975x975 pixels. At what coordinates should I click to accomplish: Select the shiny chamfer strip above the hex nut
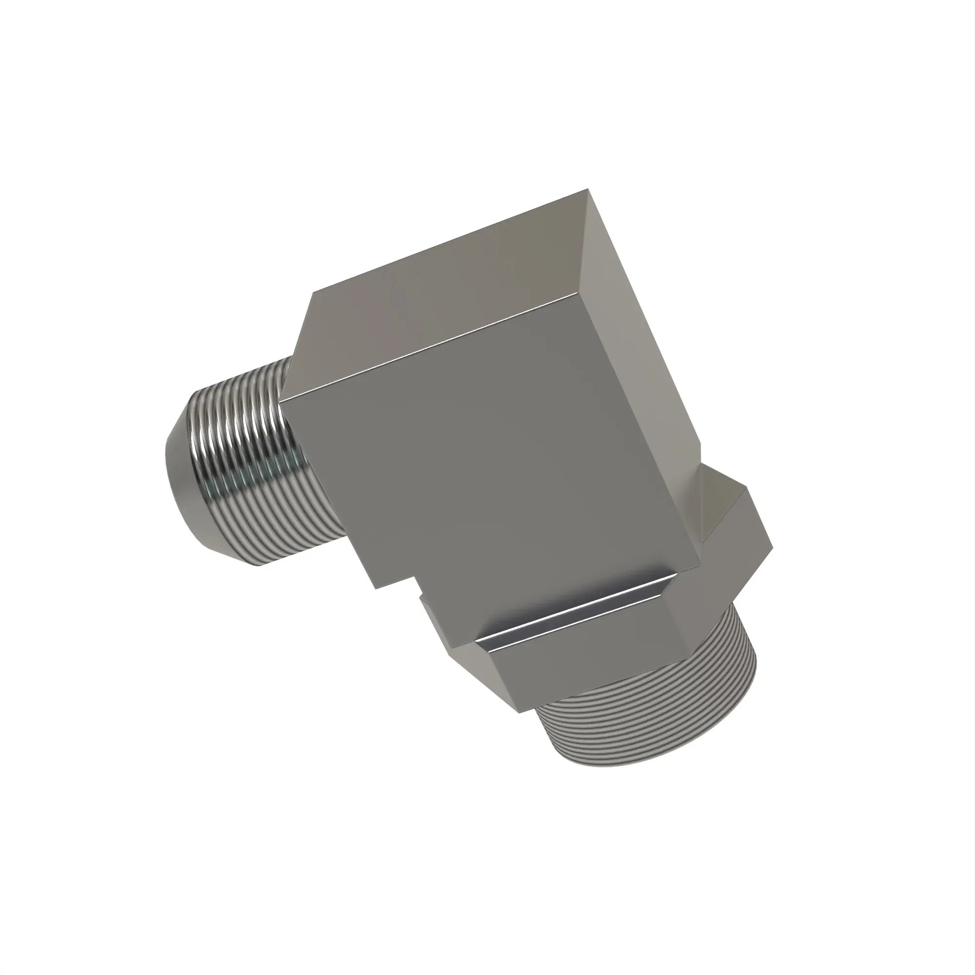(x=575, y=611)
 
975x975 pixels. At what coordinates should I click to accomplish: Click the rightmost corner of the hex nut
(x=771, y=550)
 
